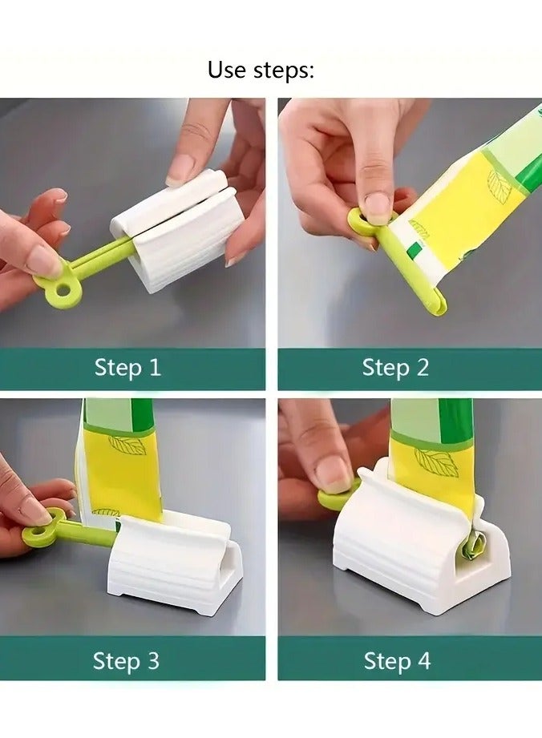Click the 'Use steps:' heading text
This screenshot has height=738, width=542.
click(x=261, y=70)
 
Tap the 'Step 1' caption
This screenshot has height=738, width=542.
click(x=127, y=368)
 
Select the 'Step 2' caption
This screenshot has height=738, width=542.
click(x=395, y=368)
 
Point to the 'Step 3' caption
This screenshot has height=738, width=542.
click(x=126, y=661)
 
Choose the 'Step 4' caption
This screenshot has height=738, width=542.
click(x=397, y=661)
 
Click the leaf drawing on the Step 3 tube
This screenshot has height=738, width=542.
click(x=127, y=446)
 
